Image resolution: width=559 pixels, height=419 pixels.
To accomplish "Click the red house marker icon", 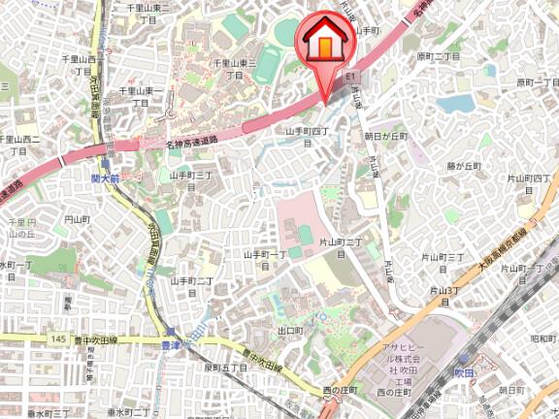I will tap(324, 40).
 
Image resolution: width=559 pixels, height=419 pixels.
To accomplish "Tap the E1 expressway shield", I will tap(351, 75).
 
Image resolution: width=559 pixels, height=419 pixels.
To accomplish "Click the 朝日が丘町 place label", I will tap(387, 138).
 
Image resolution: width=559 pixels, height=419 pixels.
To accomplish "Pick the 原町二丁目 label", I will tap(439, 57).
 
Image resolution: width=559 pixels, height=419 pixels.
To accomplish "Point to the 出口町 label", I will tap(290, 331).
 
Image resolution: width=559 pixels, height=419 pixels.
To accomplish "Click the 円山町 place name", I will tap(76, 220).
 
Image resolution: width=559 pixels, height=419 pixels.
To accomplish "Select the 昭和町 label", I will tap(543, 339).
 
